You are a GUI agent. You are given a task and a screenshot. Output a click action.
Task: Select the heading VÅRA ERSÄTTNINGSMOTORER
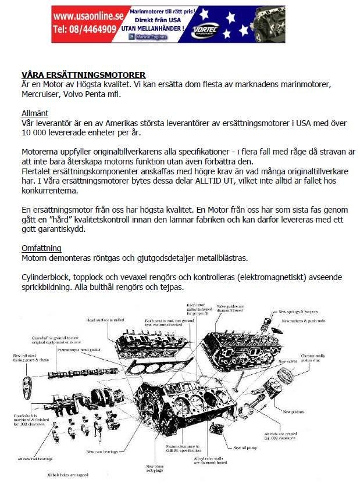[x=83, y=75]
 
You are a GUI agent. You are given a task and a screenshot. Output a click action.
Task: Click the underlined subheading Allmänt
[x=35, y=113]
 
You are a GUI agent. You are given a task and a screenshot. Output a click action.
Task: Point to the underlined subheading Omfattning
[x=41, y=248]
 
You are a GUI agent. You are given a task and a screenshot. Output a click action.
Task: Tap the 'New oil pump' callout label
[x=245, y=448]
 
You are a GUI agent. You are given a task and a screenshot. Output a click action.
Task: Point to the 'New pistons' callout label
[x=293, y=412]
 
